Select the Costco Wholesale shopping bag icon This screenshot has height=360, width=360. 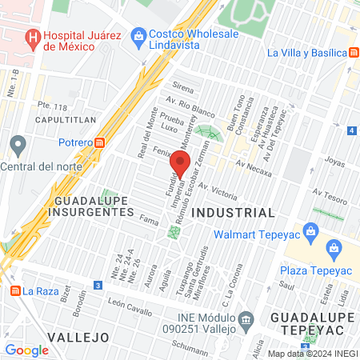pos(139,36)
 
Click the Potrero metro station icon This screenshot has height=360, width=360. pos(99,142)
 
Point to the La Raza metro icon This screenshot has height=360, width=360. pos(13,290)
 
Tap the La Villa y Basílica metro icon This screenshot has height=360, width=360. pos(353,53)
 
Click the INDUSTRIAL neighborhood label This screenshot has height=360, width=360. pos(234,213)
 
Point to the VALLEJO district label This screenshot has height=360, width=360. pos(77,337)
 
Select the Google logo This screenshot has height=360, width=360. pos(26,350)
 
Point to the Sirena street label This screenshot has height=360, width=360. pos(182,85)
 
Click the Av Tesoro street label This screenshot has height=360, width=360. pos(328,193)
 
